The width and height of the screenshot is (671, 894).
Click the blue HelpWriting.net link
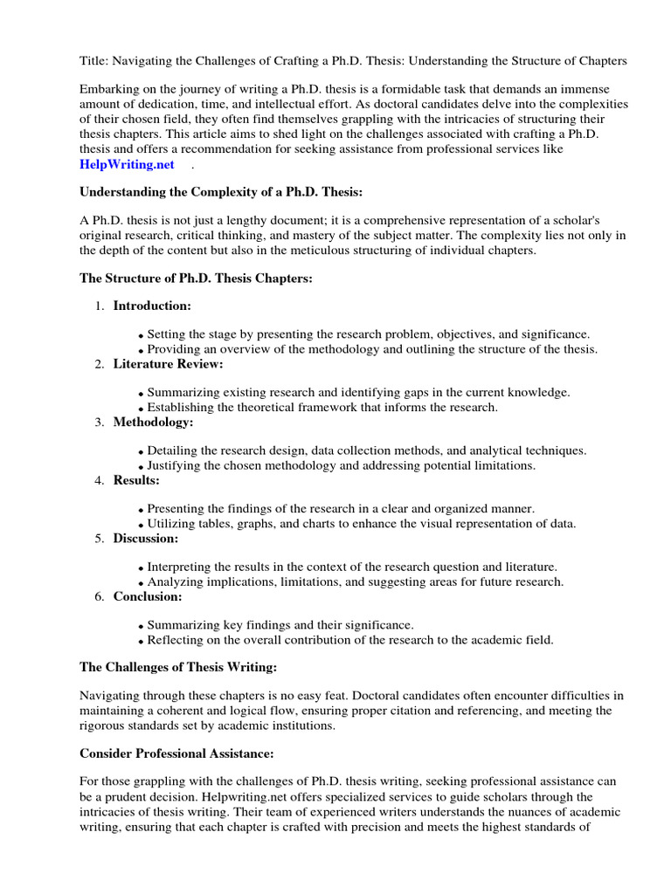(x=127, y=164)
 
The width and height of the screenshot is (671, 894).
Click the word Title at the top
(x=94, y=61)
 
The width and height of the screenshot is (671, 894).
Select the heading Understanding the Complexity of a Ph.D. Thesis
(x=221, y=192)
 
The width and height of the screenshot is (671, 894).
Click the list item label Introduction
(x=152, y=306)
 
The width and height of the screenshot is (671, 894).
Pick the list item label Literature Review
(x=168, y=364)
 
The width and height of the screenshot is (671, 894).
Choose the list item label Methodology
(x=153, y=422)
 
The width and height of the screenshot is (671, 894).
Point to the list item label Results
(x=136, y=480)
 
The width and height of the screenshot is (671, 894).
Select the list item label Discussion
(x=146, y=539)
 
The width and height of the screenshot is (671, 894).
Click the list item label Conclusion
(x=148, y=596)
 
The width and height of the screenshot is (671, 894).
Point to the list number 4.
(x=99, y=480)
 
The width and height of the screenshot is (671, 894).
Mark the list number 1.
(x=99, y=306)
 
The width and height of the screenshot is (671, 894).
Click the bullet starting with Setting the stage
(x=368, y=334)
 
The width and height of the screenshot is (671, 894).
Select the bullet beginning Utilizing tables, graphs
(x=361, y=524)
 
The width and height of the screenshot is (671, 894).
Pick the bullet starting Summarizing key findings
(x=280, y=625)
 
